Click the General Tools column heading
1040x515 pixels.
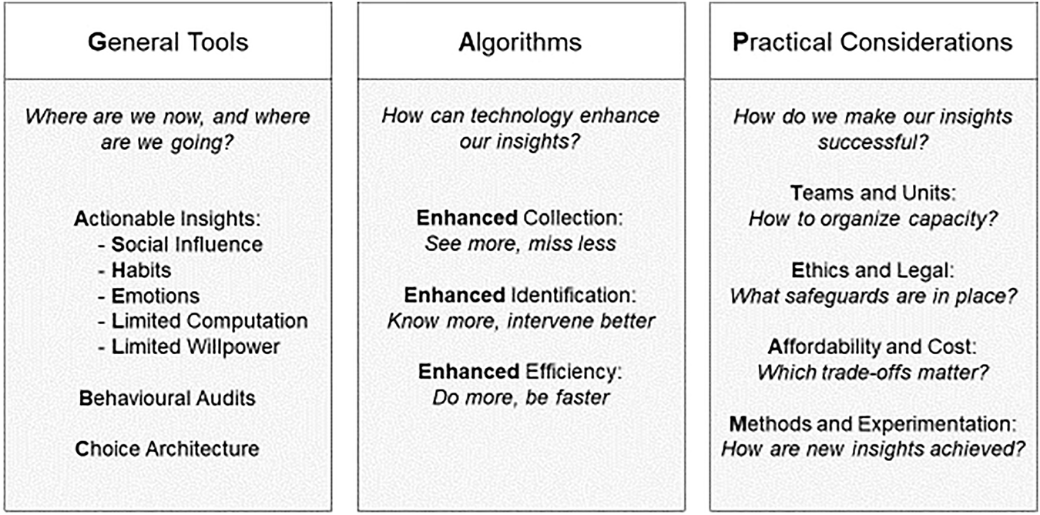[168, 42]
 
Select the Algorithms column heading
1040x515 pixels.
[520, 42]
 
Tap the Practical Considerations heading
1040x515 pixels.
[872, 42]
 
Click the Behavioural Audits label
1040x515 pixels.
[167, 398]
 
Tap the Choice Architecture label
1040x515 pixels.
[167, 449]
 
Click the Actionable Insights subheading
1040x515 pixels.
[167, 219]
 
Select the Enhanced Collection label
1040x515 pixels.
[519, 218]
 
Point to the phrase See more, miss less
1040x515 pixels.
[521, 244]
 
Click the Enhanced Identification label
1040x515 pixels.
[520, 295]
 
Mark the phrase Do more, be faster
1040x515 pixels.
[521, 398]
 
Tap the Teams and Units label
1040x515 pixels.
[873, 193]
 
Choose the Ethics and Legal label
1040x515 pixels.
[872, 270]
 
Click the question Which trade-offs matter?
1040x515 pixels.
[873, 373]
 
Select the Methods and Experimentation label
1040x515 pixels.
[873, 424]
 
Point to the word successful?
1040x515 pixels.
[873, 142]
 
